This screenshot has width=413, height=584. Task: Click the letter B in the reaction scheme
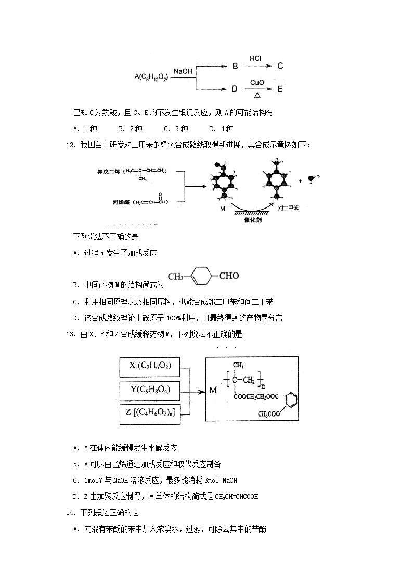click(x=235, y=67)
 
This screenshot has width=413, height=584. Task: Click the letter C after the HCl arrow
click(x=280, y=66)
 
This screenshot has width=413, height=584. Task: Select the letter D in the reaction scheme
click(x=235, y=89)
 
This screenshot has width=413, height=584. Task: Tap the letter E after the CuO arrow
click(x=280, y=89)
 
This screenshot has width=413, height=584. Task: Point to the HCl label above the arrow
click(x=255, y=58)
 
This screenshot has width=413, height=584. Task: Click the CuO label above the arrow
click(x=257, y=82)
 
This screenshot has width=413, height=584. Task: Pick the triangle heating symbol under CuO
click(x=257, y=96)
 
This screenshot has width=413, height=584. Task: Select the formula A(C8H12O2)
click(x=151, y=77)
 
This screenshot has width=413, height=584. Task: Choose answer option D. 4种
click(x=221, y=129)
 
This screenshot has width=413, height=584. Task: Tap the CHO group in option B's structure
click(x=228, y=276)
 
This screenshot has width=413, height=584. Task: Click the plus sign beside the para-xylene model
click(x=300, y=181)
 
